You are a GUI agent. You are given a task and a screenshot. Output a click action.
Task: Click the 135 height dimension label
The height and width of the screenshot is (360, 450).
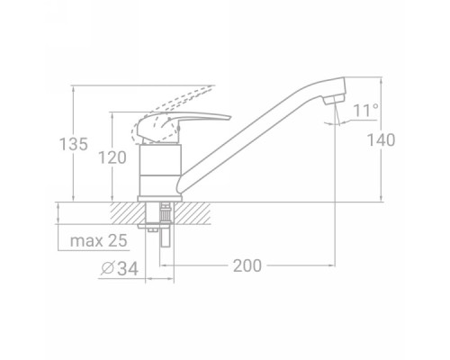[x=74, y=144]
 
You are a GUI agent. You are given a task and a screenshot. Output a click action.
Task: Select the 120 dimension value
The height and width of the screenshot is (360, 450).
[x=112, y=157]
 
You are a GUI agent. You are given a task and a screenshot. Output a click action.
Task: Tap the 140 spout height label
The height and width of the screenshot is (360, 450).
[x=382, y=140]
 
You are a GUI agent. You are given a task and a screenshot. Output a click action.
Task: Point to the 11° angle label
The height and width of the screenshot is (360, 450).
[x=366, y=111]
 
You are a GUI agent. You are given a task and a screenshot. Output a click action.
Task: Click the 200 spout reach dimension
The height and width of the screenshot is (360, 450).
[x=247, y=265]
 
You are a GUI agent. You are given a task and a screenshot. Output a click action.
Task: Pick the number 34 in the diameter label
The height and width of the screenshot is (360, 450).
[x=128, y=268]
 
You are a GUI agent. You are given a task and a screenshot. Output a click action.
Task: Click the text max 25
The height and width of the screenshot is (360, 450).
[x=98, y=240]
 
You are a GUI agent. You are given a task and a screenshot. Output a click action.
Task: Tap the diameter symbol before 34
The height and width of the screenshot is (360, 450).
[x=107, y=268]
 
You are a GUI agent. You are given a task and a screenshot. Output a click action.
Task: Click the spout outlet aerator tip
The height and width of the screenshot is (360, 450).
[x=335, y=99]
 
